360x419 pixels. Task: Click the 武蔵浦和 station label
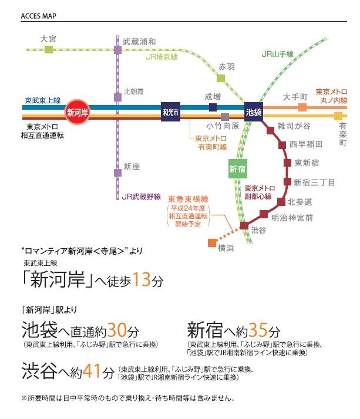(x=139, y=42)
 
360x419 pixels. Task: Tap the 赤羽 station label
(x=226, y=67)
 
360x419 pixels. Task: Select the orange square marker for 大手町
(x=302, y=107)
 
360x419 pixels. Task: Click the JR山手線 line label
(x=277, y=55)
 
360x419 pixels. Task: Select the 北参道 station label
(x=300, y=202)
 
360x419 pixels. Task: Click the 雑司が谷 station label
(x=300, y=126)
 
